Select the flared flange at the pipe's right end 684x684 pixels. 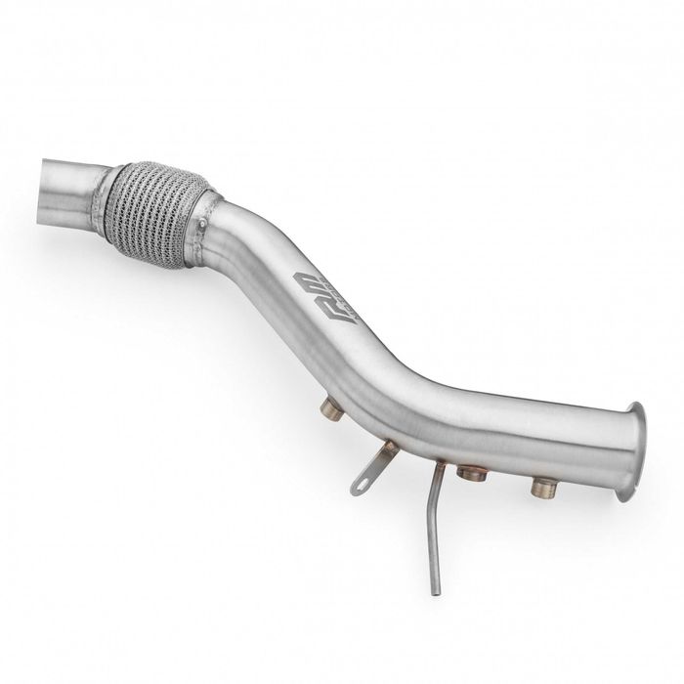point(629,451)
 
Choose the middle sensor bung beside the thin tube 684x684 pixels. point(473,473)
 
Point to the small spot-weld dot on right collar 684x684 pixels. point(201,229)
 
